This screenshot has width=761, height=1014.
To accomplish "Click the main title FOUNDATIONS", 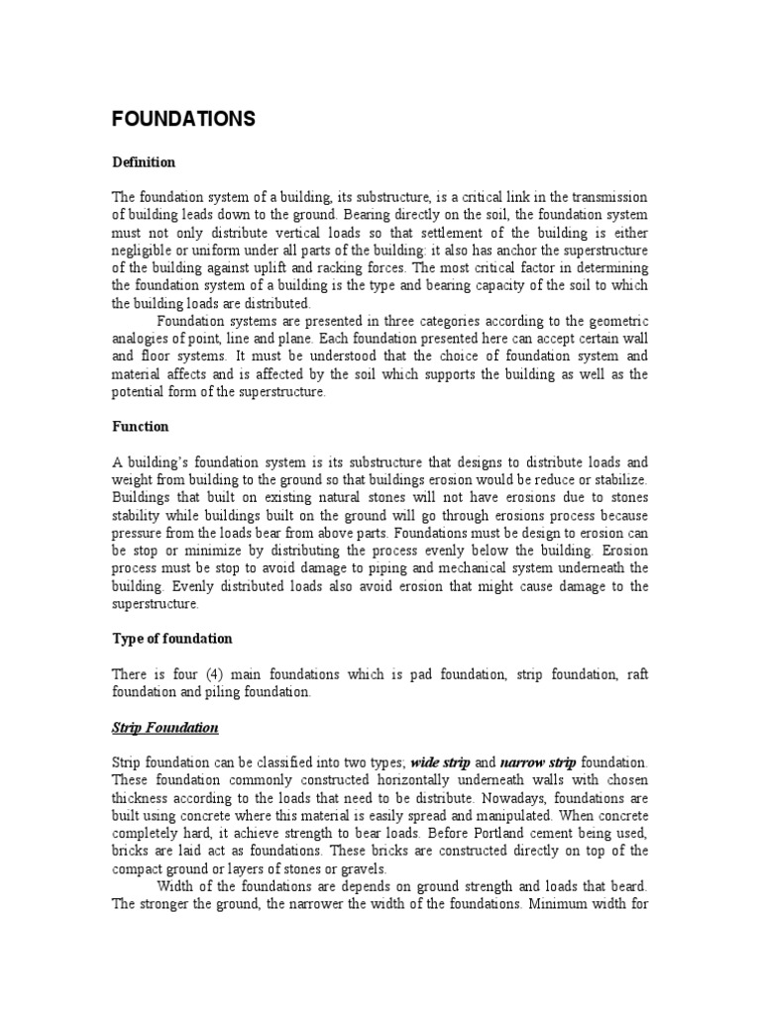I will tap(183, 120).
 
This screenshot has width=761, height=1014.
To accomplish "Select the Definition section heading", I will tap(143, 161).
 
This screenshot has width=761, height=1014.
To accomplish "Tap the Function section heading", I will tap(140, 427).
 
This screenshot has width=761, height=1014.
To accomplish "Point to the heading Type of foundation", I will tap(171, 639).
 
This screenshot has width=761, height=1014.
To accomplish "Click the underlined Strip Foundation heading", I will tap(164, 728).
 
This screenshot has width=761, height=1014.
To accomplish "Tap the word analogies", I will tap(142, 339).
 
